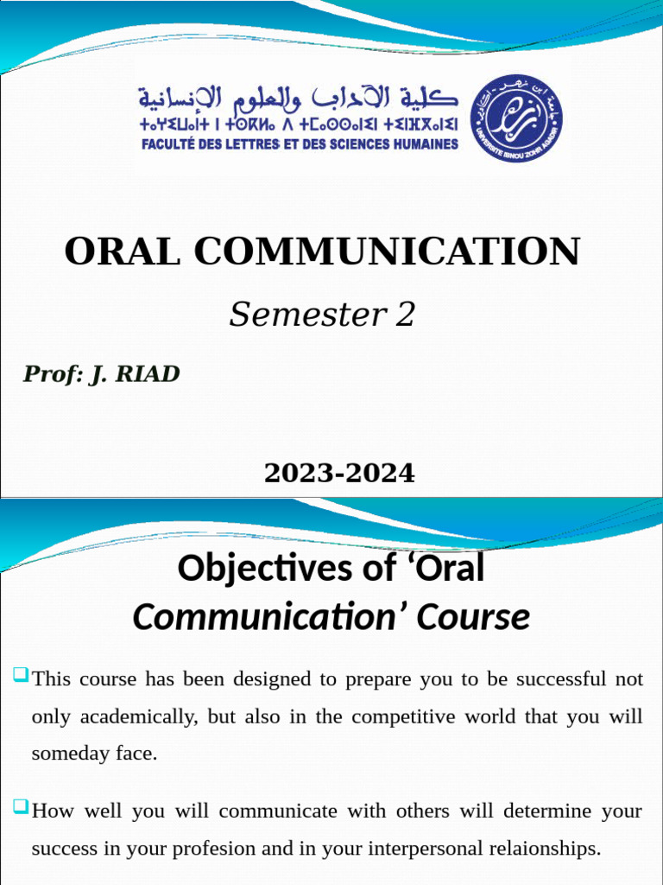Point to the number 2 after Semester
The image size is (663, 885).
click(405, 315)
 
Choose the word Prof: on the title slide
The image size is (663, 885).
click(51, 374)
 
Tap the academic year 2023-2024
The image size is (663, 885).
click(339, 474)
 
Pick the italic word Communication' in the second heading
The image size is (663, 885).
click(270, 618)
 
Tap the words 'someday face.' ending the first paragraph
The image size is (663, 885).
click(94, 753)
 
